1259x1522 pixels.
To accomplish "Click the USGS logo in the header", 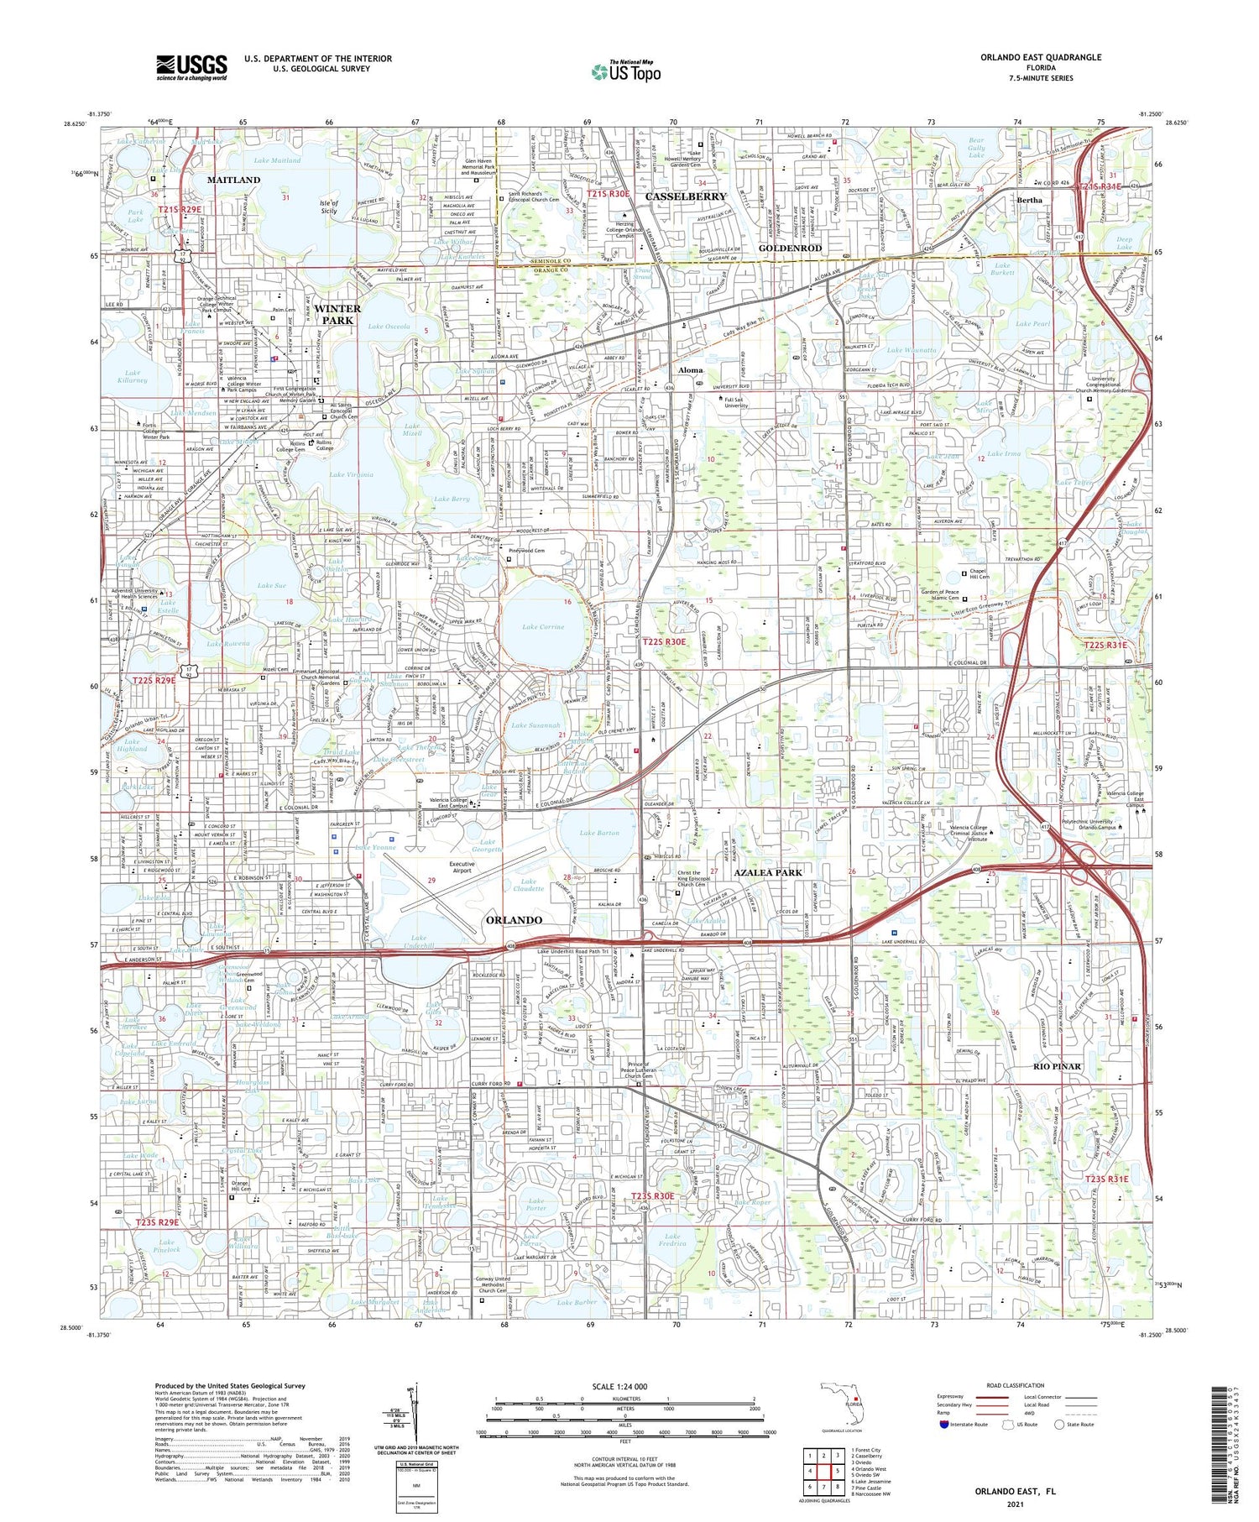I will click(191, 67).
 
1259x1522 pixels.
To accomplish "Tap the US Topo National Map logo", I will click(625, 71).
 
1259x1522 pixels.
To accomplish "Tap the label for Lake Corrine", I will click(543, 626).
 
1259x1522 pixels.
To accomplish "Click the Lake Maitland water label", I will click(277, 160).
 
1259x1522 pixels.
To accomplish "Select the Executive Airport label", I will click(462, 867).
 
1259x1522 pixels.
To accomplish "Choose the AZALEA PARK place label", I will click(768, 872).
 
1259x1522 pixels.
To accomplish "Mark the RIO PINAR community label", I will click(1057, 1066).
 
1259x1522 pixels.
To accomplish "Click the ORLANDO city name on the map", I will click(514, 920).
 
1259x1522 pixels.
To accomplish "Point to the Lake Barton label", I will click(599, 833).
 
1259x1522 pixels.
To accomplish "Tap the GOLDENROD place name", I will click(791, 248).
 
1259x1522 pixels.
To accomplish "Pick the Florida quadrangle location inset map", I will click(842, 1402).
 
